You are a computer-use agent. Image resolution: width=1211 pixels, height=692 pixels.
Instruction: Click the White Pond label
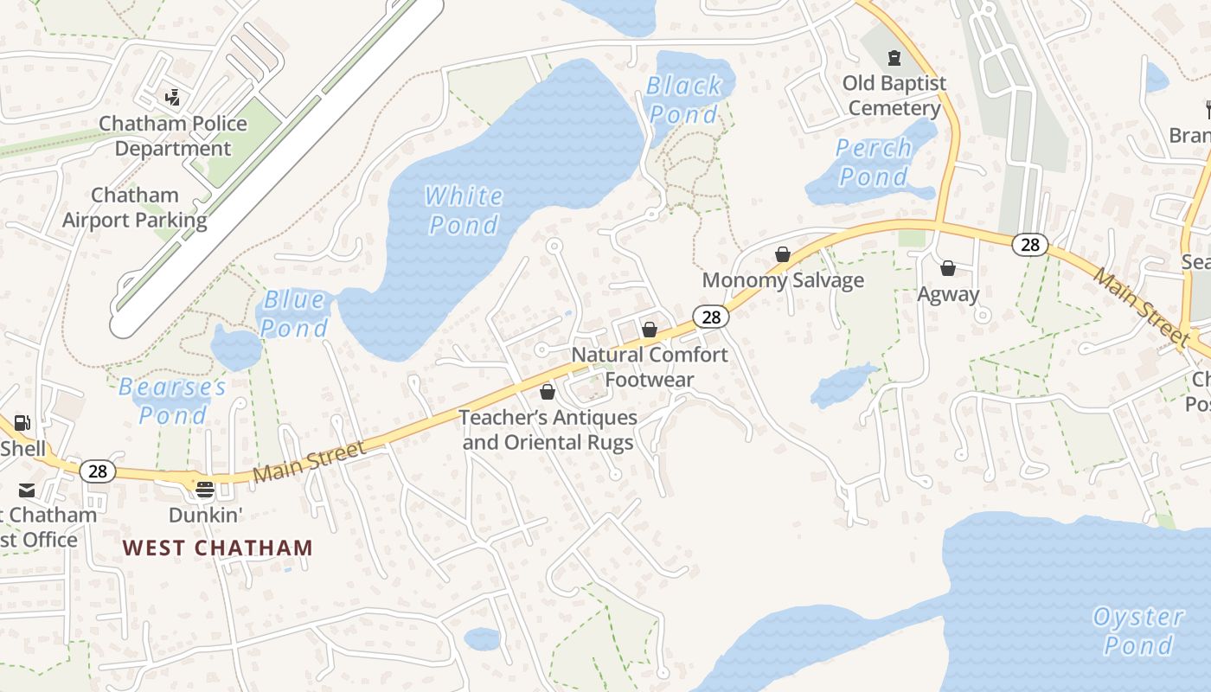point(465,210)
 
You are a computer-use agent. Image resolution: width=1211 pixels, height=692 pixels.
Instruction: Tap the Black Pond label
point(684,99)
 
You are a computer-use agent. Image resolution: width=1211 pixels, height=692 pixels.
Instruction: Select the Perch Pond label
point(874,163)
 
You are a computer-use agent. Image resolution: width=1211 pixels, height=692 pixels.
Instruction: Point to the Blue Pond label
point(295,314)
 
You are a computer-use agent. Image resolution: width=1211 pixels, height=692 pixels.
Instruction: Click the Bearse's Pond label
point(173,400)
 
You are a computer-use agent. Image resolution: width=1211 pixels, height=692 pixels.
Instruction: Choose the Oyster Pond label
point(1137,631)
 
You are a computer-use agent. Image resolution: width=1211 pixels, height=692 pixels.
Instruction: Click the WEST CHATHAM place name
point(217,548)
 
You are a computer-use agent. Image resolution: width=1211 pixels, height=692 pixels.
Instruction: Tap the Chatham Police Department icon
point(173,96)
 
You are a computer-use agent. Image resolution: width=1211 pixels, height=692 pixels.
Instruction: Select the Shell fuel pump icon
point(23,423)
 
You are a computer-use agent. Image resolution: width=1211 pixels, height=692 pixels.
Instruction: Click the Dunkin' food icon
point(205,490)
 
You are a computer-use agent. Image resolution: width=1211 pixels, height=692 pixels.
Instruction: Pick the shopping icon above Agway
point(948,268)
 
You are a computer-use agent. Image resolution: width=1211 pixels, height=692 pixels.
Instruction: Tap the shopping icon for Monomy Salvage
point(783,254)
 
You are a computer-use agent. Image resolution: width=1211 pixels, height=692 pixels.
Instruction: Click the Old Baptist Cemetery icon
point(894,58)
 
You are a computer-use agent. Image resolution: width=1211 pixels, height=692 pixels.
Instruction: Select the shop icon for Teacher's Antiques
point(547,392)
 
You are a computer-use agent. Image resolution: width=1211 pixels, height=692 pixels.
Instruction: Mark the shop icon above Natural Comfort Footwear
point(650,330)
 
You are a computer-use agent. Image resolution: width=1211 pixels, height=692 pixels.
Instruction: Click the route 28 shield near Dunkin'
point(98,471)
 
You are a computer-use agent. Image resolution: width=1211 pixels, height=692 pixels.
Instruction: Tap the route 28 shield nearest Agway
point(1029,245)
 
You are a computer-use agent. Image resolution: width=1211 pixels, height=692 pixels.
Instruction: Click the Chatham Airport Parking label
point(135,208)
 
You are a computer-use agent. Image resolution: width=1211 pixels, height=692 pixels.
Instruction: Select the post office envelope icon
point(27,491)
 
